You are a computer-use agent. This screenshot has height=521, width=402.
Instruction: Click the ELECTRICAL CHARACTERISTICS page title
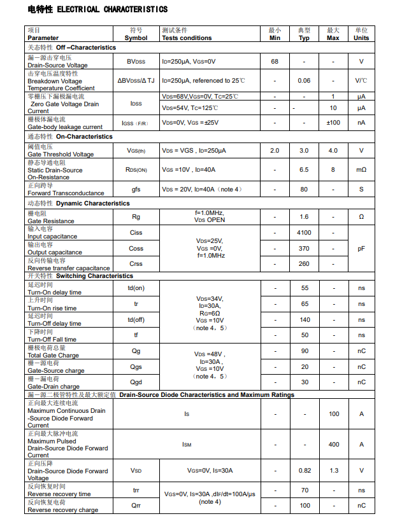click(97, 10)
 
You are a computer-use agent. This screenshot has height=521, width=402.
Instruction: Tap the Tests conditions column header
click(187, 38)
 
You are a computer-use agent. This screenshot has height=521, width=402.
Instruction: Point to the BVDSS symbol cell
click(136, 61)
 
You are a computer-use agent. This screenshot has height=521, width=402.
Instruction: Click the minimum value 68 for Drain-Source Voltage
click(275, 61)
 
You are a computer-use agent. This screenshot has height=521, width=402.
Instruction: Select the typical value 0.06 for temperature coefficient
click(304, 81)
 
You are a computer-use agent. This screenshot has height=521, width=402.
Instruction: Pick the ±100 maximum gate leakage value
click(333, 123)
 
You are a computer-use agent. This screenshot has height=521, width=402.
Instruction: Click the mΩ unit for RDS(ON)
click(361, 170)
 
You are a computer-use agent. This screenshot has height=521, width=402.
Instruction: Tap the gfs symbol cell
click(136, 190)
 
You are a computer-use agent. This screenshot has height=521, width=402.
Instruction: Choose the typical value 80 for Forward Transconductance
click(304, 190)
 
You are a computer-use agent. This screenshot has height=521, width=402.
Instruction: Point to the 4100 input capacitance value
click(304, 233)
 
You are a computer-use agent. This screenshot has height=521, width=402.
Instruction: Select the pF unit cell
click(361, 249)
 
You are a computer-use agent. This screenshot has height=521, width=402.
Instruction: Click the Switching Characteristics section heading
click(94, 276)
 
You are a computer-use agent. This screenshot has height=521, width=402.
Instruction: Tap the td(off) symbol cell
click(136, 320)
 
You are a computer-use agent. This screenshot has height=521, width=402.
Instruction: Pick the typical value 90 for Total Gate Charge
click(305, 351)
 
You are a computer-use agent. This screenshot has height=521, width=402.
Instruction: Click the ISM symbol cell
click(187, 445)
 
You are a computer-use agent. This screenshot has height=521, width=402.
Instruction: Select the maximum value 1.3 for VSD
click(333, 471)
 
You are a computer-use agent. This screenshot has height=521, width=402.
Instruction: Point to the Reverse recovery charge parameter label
click(62, 510)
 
